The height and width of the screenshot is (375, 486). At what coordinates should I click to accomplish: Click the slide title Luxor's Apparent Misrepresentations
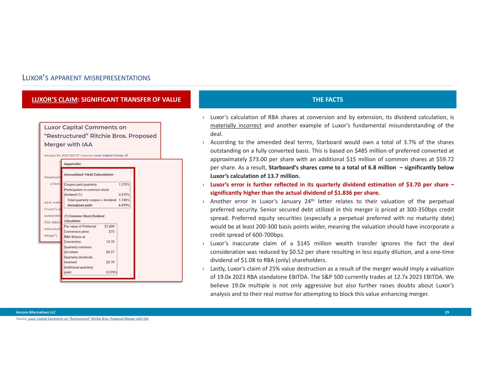point(86,78)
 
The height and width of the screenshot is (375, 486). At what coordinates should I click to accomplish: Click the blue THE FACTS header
point(328,100)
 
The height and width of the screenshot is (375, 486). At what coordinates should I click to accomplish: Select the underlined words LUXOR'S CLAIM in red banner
point(54,100)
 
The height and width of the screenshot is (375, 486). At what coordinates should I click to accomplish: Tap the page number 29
point(447,312)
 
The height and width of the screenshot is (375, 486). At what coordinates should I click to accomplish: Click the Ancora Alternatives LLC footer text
point(36,312)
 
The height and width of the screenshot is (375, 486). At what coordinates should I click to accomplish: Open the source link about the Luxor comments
point(88,319)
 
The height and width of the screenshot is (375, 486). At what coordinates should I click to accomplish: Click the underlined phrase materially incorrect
point(236,126)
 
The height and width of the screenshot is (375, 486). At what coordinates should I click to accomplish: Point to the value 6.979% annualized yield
point(124,205)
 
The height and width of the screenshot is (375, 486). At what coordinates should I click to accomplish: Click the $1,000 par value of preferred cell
point(109,226)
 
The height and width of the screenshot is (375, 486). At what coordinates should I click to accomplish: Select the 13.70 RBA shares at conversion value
point(110,242)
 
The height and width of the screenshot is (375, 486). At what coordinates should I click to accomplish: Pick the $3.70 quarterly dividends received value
point(110,262)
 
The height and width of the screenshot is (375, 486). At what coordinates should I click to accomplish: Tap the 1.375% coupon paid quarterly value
point(124,185)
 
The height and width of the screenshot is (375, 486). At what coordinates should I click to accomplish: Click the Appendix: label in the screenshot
point(72,164)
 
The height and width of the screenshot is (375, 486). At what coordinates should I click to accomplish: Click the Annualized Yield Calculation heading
point(88,175)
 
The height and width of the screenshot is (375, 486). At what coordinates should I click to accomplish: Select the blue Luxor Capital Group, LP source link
point(110,156)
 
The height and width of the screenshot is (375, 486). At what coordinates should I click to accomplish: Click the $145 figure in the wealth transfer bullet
point(304,244)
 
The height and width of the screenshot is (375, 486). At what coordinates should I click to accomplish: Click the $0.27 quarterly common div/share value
point(110,252)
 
